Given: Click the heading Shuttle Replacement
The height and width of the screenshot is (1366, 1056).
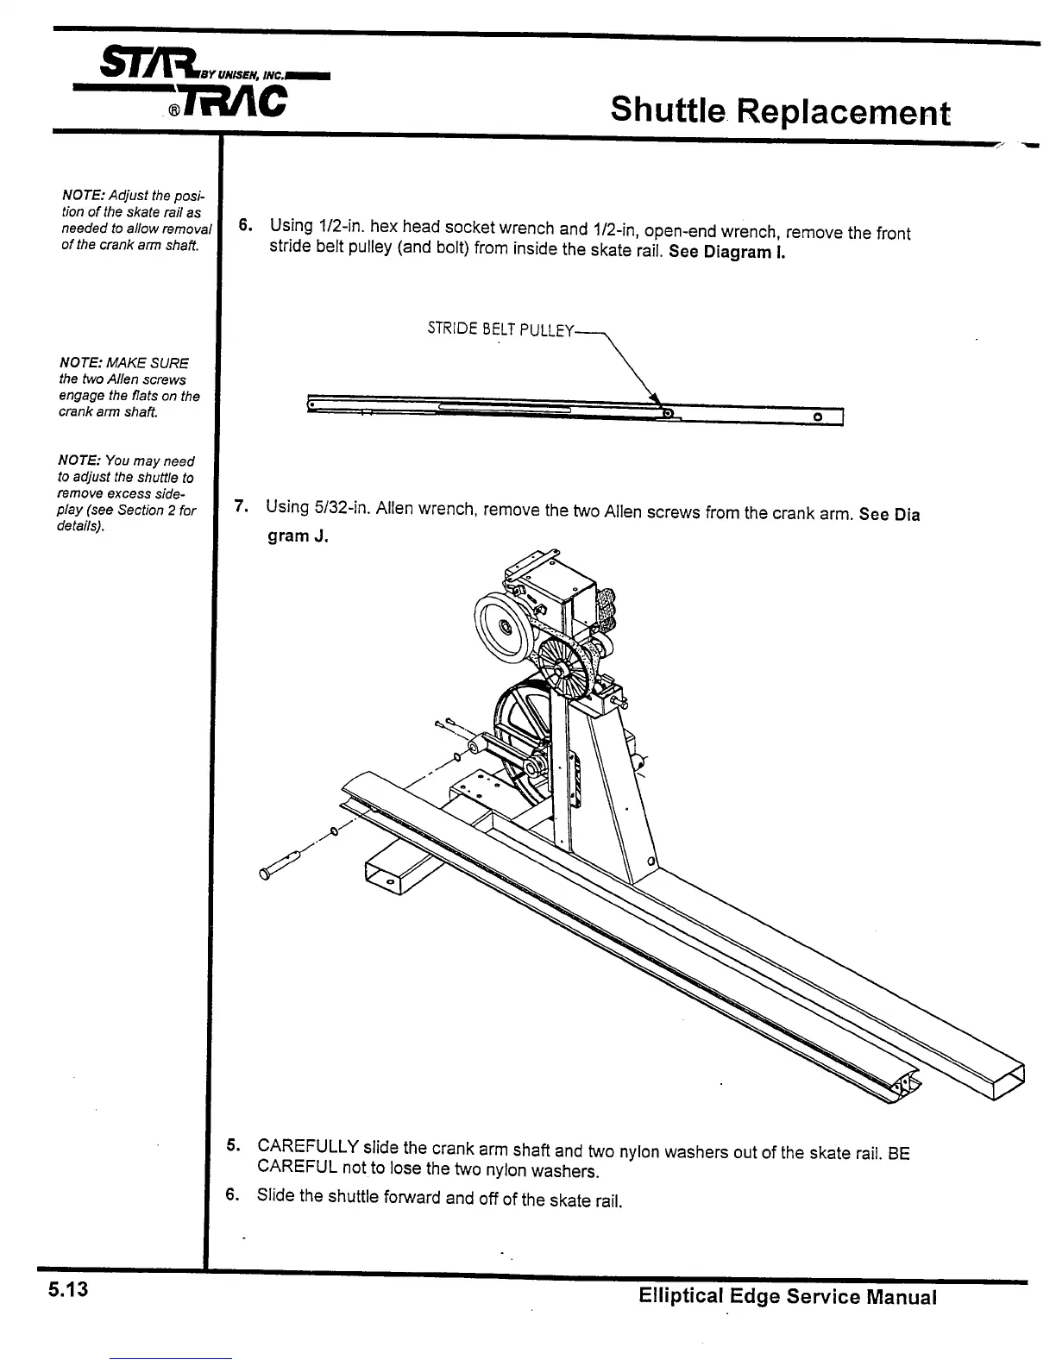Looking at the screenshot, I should [780, 110].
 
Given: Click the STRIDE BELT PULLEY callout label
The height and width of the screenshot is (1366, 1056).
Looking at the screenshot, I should [500, 329].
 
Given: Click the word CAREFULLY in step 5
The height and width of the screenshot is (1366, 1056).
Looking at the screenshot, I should [308, 1147].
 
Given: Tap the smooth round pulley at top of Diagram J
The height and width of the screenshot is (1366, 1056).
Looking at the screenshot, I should [502, 623].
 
